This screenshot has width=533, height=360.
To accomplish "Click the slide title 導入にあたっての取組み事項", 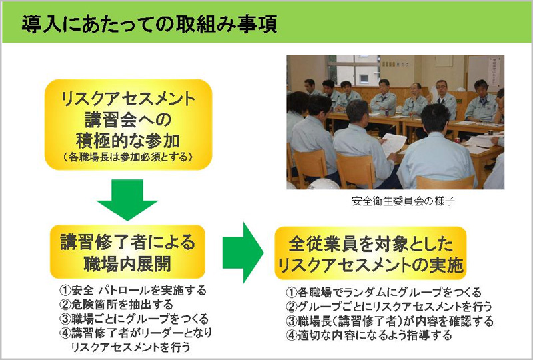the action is point(149,24).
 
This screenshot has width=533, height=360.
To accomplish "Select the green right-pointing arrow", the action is point(243,253).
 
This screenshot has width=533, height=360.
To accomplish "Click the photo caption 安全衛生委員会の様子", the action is point(404,201).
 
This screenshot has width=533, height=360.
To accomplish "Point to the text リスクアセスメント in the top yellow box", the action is point(128,99).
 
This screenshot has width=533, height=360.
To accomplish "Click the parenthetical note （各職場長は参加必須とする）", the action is point(128,157).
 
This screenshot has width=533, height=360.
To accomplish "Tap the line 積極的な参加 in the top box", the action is point(128,141).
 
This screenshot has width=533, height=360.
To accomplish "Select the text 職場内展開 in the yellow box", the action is point(127,264).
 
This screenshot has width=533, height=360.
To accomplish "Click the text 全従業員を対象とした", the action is point(371,243).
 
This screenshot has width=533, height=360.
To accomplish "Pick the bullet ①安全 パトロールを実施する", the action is point(133,290).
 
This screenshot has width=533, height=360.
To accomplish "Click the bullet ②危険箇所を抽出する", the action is point(116,304).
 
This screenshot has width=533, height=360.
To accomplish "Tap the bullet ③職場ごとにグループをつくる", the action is point(134,319).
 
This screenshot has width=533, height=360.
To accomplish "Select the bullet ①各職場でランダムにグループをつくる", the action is point(384,292).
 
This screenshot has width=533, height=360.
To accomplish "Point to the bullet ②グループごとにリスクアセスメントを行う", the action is point(389,307).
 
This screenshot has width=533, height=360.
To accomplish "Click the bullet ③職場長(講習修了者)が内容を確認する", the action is point(390,321).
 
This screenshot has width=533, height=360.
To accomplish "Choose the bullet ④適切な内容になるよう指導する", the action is point(369,335).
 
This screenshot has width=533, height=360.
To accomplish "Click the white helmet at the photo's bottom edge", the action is point(323,184).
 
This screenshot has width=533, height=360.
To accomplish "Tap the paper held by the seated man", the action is point(393,144).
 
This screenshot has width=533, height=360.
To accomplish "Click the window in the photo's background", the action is point(354,70).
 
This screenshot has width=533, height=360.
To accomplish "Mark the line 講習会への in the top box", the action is point(128,120).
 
